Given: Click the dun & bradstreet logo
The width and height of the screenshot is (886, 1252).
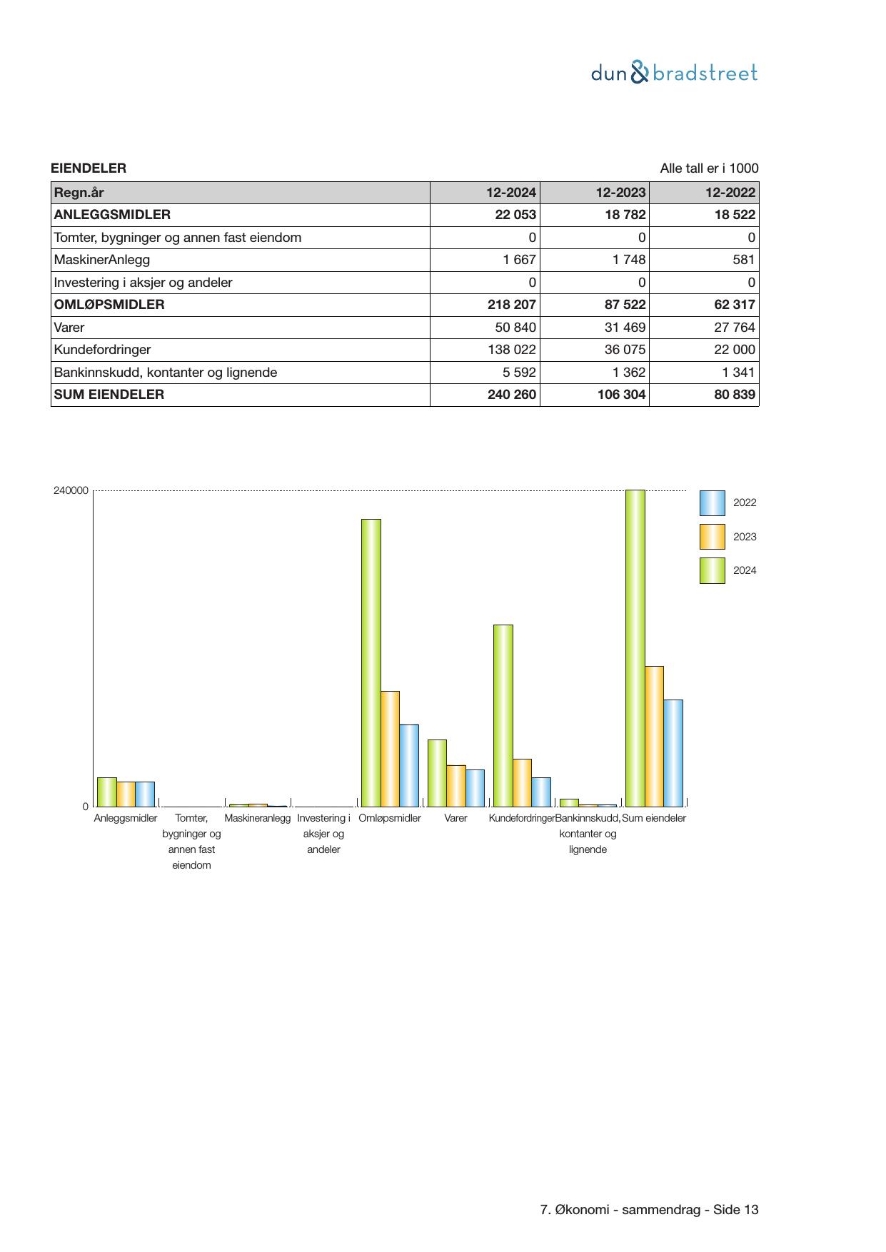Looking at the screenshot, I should pyautogui.click(x=674, y=73).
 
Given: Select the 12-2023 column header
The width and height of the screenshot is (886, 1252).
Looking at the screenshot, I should pyautogui.click(x=620, y=193).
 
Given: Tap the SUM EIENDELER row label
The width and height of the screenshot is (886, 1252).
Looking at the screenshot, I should pyautogui.click(x=109, y=395).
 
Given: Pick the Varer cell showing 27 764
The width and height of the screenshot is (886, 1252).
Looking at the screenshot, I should pyautogui.click(x=734, y=328).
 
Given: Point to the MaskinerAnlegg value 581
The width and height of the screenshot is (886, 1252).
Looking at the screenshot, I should pyautogui.click(x=743, y=260).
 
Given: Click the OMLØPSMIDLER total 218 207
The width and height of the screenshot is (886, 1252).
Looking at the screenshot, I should pyautogui.click(x=511, y=305).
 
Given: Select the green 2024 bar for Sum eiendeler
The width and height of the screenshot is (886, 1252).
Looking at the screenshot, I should pyautogui.click(x=635, y=647).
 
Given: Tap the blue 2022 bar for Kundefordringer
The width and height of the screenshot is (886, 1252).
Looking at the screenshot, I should pyautogui.click(x=541, y=792).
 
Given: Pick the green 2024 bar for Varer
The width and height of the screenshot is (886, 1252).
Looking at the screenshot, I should pyautogui.click(x=437, y=772).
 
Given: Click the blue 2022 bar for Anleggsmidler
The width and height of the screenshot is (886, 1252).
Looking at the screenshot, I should pyautogui.click(x=145, y=794).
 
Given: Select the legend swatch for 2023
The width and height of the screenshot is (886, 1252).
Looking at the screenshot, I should pyautogui.click(x=712, y=537).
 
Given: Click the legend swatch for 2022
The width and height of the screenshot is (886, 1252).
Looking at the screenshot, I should pyautogui.click(x=712, y=503).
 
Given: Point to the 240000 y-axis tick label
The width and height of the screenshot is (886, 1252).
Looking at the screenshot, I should pyautogui.click(x=71, y=490).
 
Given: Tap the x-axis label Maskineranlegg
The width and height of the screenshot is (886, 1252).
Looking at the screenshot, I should pyautogui.click(x=257, y=818).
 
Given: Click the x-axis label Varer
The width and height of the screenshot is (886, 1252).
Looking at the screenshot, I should pyautogui.click(x=455, y=818).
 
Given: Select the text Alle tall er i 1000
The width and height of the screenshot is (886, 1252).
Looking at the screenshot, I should pyautogui.click(x=709, y=168).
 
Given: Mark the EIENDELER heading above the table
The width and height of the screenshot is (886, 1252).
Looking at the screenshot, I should pyautogui.click(x=89, y=168).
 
